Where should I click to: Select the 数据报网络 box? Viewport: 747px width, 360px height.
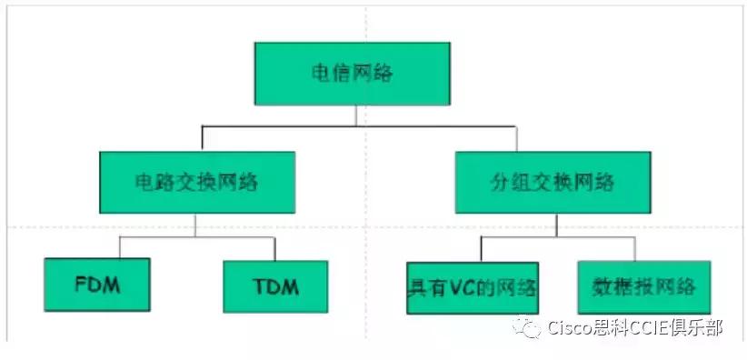[643, 287]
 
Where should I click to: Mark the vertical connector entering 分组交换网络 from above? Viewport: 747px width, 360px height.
[517, 138]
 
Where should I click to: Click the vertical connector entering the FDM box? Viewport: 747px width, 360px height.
[121, 248]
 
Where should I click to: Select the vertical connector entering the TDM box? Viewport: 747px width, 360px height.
[274, 248]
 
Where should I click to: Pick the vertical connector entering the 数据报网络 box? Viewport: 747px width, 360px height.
[633, 248]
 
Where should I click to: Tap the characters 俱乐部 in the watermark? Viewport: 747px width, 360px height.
[700, 327]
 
